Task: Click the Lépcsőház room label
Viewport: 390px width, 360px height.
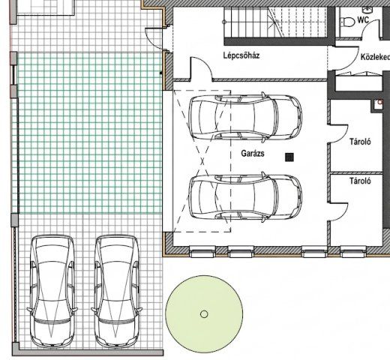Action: [241, 55]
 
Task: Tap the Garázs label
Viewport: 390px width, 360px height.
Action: [253, 153]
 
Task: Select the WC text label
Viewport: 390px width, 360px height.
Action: [363, 19]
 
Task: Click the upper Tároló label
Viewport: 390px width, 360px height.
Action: [360, 142]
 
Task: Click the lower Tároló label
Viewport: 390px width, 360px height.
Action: [360, 181]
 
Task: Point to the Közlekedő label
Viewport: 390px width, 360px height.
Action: [375, 57]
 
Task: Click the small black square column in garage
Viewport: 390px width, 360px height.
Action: [289, 157]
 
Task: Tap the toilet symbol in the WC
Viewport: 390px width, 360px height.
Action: [347, 22]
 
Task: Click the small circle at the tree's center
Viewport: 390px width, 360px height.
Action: [204, 314]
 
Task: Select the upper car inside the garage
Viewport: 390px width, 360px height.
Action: [245, 118]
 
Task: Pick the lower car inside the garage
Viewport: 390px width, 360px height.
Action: [245, 197]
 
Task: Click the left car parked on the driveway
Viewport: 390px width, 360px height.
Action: [52, 291]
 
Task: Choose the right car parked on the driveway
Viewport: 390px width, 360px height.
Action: [116, 291]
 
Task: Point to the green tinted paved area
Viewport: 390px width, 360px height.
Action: [89, 133]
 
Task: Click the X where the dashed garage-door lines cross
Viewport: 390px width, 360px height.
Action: [202, 161]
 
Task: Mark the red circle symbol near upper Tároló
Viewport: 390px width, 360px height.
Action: [380, 102]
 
